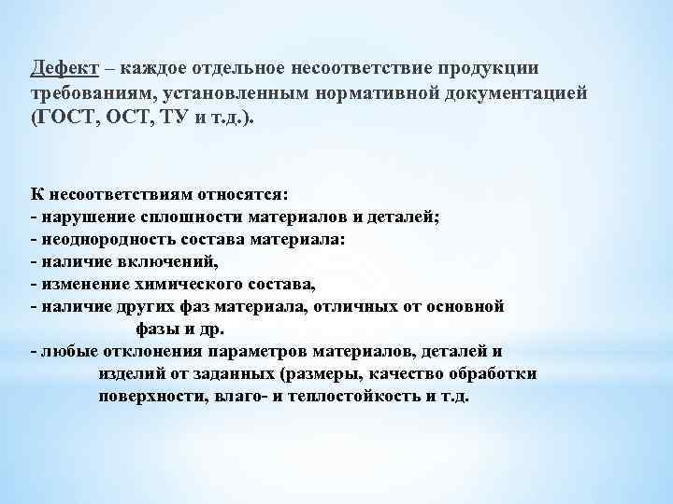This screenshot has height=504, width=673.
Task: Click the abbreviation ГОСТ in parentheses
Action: [x=66, y=120]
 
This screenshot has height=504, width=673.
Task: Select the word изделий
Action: [x=130, y=373]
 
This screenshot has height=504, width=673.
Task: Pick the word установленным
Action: [x=210, y=95]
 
